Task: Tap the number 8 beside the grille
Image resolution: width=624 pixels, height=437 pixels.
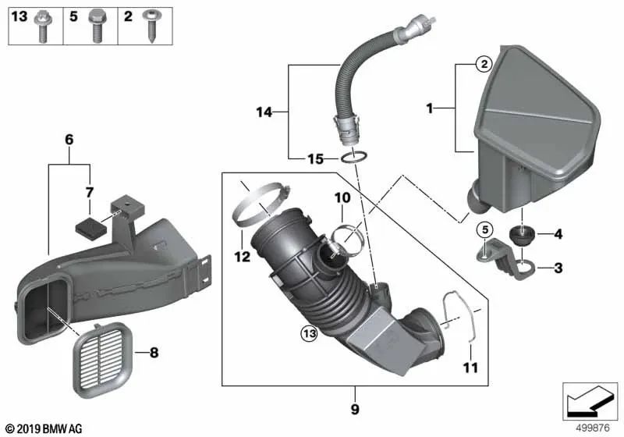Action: [153, 353]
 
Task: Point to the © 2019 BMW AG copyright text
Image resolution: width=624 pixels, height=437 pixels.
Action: [43, 428]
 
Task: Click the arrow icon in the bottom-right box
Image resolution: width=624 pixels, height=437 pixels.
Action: [590, 400]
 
